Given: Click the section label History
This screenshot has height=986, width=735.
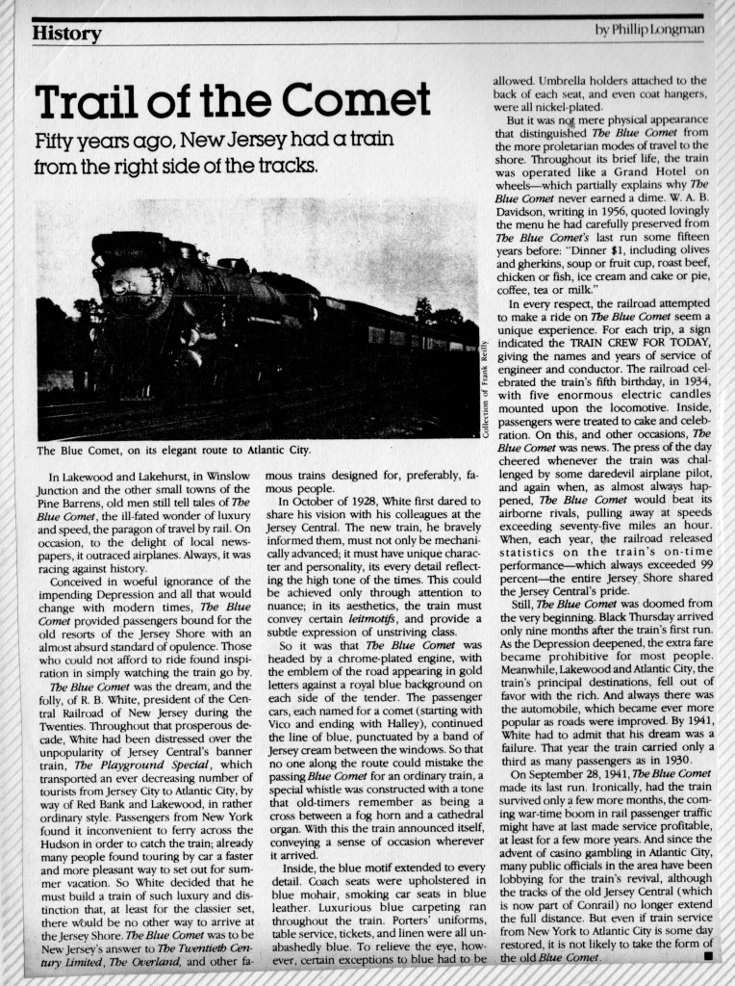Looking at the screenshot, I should pyautogui.click(x=66, y=35).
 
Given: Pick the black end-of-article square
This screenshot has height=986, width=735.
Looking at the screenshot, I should pyautogui.click(x=707, y=958).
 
